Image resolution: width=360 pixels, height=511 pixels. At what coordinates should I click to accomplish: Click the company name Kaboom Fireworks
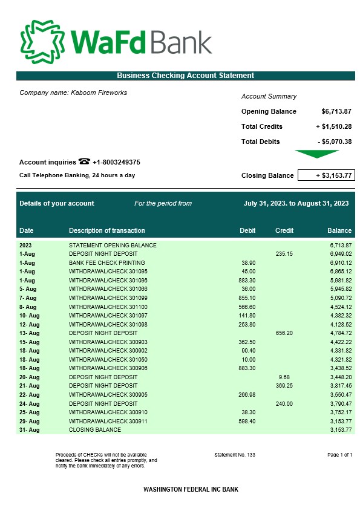(73, 93)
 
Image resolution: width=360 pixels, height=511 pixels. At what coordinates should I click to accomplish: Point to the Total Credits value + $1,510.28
(334, 126)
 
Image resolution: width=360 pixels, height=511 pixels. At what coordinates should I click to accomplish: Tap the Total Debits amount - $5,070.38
(335, 142)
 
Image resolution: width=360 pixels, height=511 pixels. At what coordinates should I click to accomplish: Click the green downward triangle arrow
(317, 154)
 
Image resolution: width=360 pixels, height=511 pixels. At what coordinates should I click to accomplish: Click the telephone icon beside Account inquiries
(84, 161)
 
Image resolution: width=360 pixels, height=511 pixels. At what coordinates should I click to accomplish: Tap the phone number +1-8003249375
(116, 162)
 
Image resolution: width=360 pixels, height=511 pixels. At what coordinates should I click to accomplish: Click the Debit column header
(247, 230)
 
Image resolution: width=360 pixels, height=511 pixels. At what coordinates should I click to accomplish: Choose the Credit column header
(284, 230)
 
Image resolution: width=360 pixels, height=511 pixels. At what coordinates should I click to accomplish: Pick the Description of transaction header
(107, 230)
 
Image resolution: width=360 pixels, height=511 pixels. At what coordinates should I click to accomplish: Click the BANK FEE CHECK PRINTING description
(107, 263)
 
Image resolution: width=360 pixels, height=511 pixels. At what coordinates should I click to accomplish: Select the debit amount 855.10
(247, 298)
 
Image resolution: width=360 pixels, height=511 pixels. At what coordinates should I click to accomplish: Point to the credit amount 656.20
(284, 333)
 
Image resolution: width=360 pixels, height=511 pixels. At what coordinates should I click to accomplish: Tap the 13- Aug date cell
(29, 333)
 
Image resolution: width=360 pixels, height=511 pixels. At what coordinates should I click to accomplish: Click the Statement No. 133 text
(235, 454)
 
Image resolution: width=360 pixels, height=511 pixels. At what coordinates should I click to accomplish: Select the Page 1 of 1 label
(339, 454)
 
